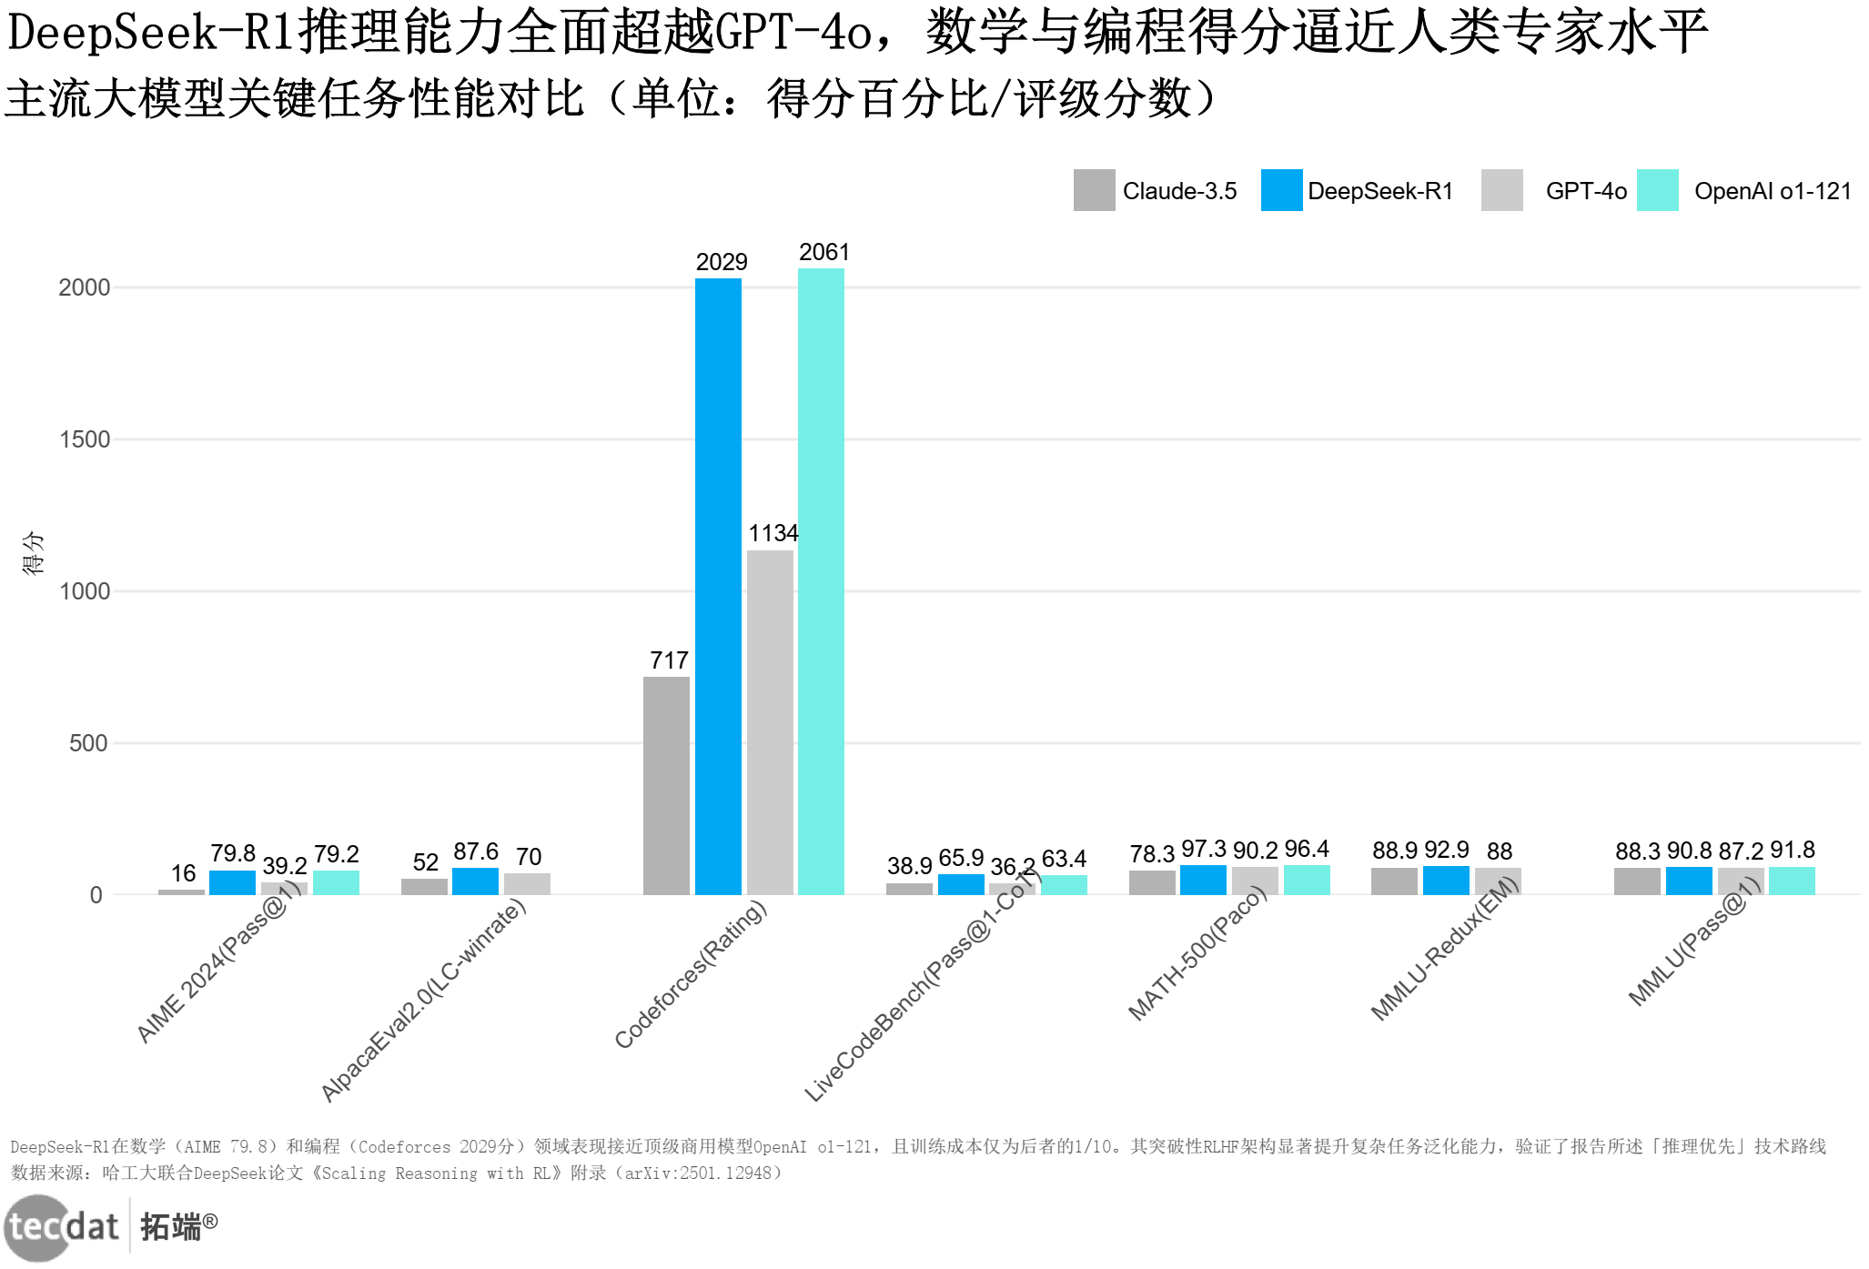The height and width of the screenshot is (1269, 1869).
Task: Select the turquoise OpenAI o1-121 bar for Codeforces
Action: tap(821, 581)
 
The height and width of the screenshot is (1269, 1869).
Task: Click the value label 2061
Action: tap(824, 252)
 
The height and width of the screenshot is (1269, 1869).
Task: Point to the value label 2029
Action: tap(722, 262)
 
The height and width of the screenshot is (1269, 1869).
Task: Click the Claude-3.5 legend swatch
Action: tap(1094, 190)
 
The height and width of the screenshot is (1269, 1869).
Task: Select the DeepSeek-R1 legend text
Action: tap(1379, 191)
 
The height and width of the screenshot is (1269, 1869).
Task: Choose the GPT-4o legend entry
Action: tap(1586, 191)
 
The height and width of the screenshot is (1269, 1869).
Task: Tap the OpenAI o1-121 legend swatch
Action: tap(1657, 190)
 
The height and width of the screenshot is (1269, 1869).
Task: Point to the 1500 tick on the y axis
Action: tap(85, 439)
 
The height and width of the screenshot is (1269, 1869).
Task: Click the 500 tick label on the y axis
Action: tap(88, 743)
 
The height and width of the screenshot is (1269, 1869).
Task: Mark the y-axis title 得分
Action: tap(33, 553)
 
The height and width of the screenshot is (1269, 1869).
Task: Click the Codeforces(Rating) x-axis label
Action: tap(692, 973)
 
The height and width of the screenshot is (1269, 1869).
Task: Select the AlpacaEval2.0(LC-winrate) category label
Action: tap(424, 1000)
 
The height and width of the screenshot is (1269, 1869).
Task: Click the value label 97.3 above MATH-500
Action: tap(1203, 849)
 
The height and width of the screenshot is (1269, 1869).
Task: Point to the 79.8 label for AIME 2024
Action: tap(233, 853)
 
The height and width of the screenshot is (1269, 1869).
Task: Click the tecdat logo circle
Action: tap(36, 1228)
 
